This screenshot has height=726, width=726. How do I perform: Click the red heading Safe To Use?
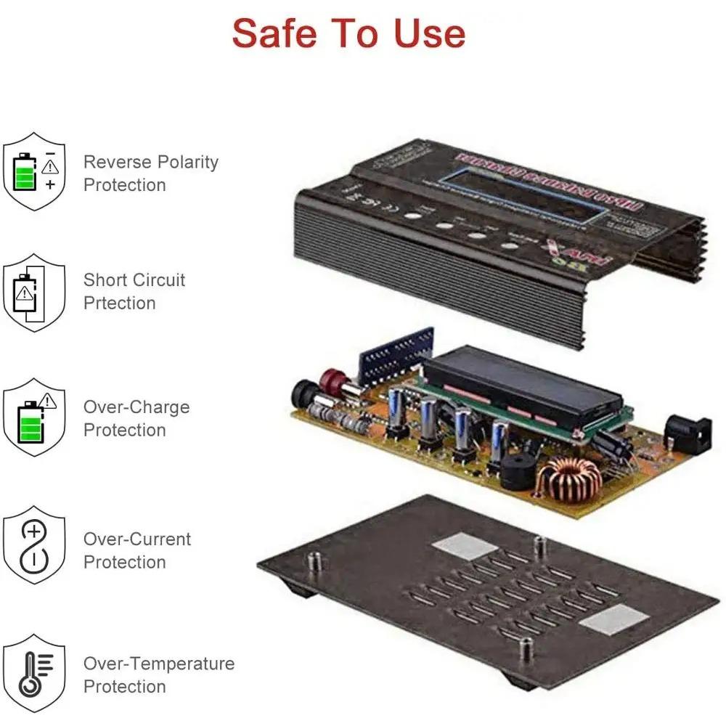click(x=348, y=33)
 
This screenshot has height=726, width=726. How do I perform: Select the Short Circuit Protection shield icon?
click(x=34, y=293)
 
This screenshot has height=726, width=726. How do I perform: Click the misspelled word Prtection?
click(x=119, y=303)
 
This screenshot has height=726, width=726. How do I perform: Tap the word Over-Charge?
click(x=136, y=407)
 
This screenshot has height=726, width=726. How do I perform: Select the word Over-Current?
click(x=137, y=539)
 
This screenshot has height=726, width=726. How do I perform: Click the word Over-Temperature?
click(x=159, y=664)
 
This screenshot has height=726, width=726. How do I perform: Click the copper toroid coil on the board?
click(x=569, y=478)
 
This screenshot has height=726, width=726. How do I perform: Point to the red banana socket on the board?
click(x=333, y=380)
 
